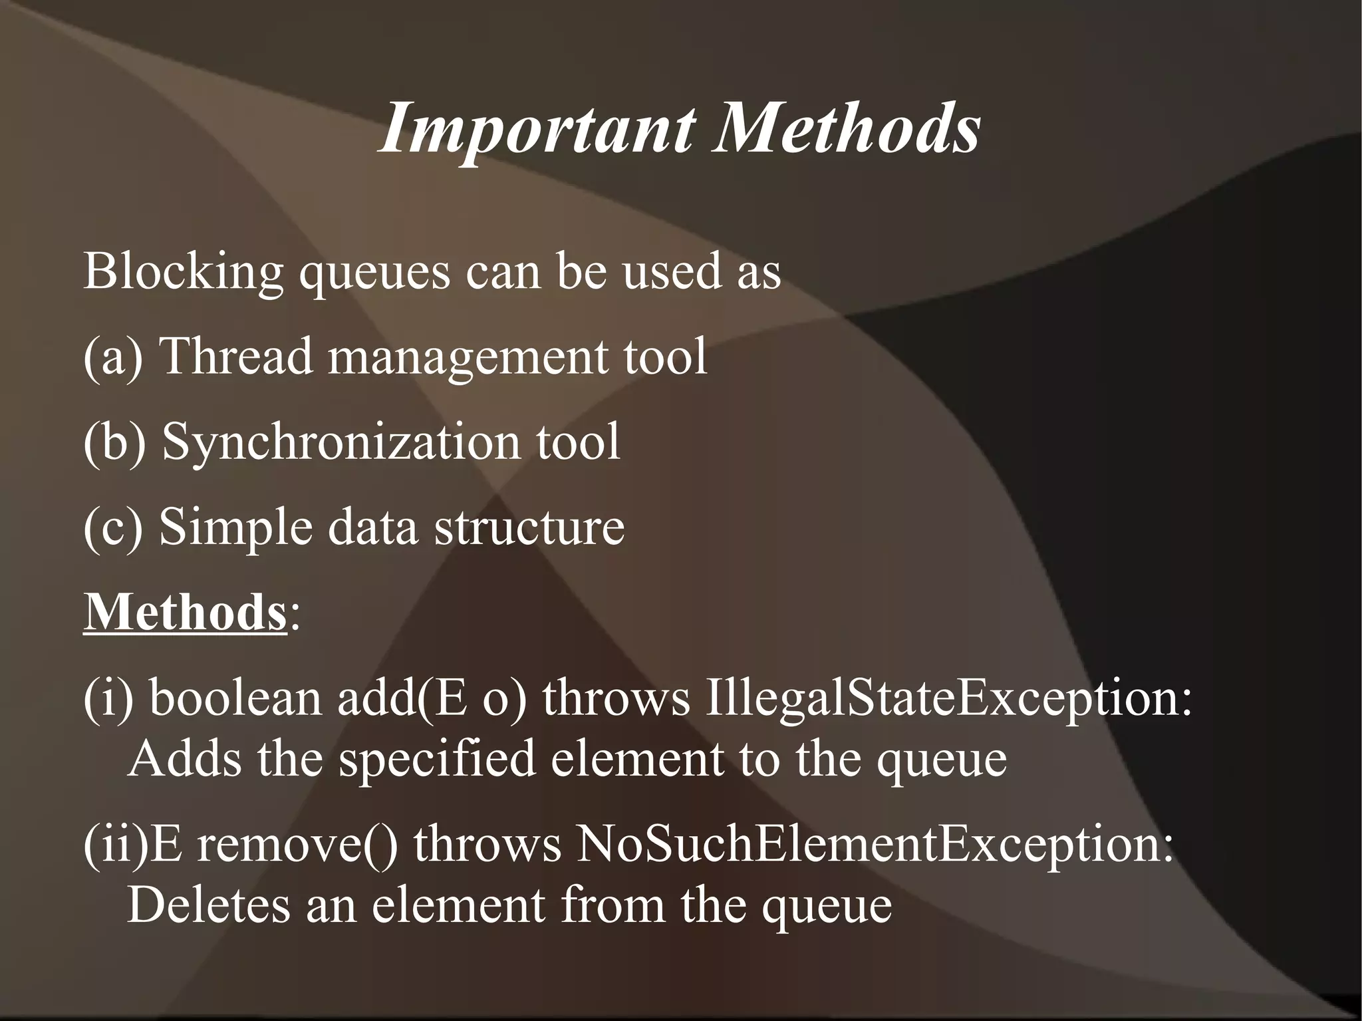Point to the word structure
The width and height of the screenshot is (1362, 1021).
[x=529, y=527]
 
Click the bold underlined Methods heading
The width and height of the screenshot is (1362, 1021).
[x=185, y=612]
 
